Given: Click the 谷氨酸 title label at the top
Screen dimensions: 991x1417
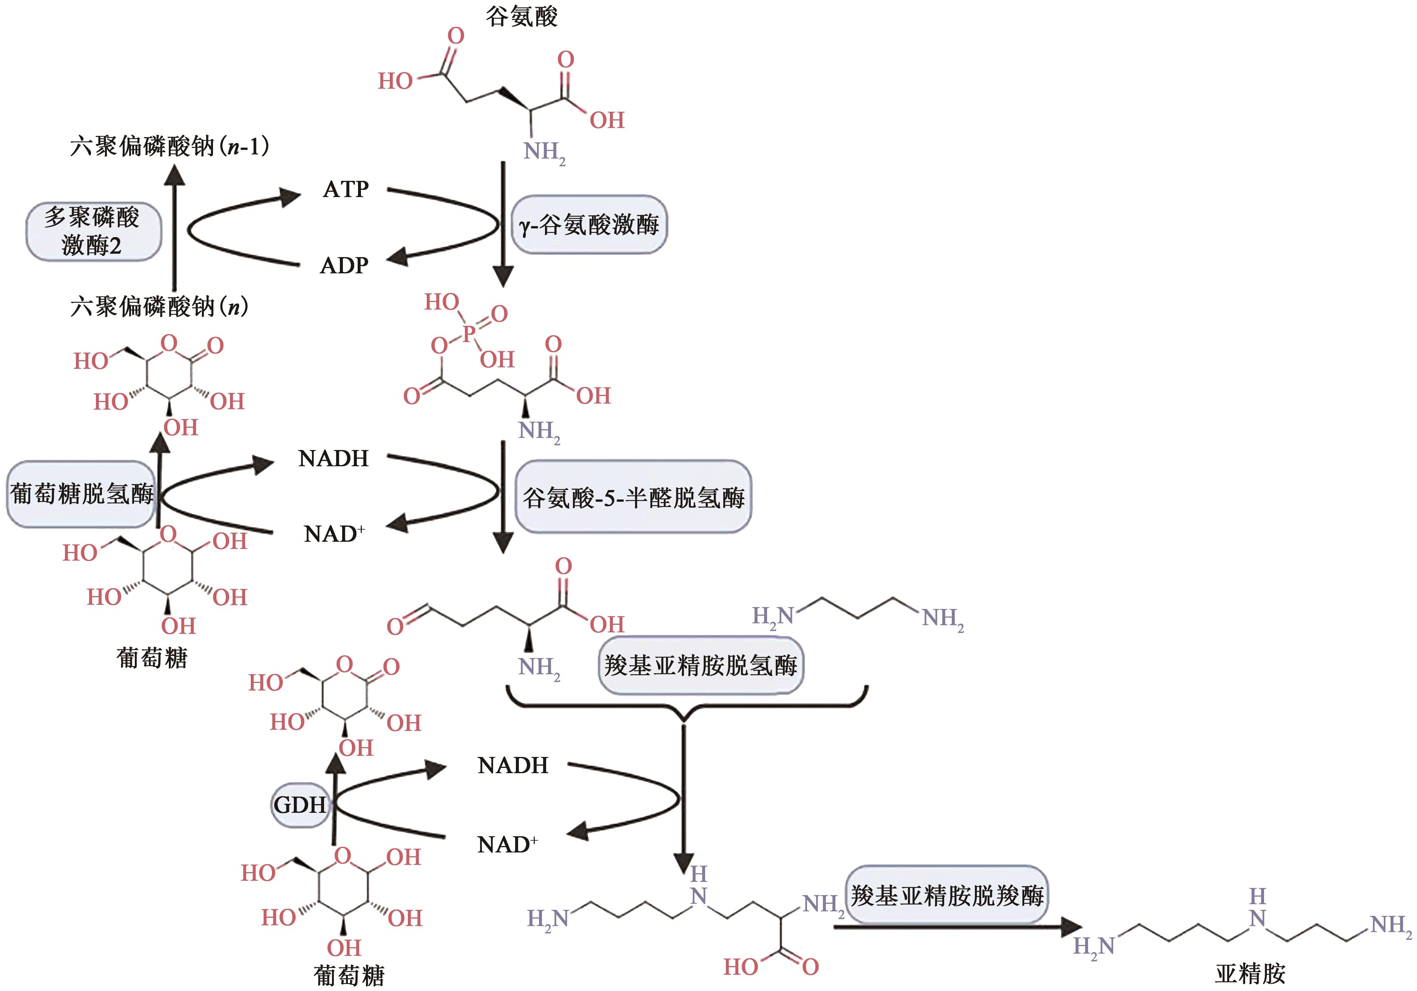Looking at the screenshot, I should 522,16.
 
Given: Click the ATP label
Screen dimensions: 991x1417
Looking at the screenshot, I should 346,189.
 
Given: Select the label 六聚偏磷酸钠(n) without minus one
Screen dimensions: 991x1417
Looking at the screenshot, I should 159,306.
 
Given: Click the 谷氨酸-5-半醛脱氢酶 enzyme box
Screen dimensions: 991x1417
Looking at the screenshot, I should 633,497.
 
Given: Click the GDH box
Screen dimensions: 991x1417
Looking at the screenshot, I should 300,805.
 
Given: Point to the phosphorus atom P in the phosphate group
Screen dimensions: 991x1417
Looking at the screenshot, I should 468,334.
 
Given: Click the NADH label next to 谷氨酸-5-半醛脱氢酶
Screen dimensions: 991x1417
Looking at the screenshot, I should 333,458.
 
